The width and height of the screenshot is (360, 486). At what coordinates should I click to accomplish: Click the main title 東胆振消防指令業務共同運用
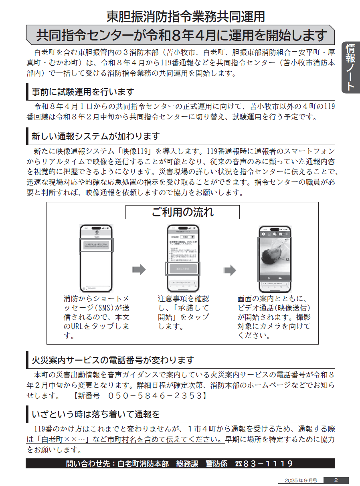point(185,16)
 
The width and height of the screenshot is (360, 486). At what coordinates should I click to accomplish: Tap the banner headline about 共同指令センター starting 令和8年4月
point(181,35)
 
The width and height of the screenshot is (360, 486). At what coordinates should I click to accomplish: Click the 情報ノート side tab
point(350,67)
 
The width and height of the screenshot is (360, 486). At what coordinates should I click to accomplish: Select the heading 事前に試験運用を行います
point(83,92)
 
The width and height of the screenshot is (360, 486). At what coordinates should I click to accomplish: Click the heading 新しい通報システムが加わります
point(95,136)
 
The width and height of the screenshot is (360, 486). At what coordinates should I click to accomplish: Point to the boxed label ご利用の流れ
point(182,212)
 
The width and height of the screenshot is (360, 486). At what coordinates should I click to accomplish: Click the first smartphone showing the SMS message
point(97,258)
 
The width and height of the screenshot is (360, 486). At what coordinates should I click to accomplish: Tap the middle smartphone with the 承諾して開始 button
point(182,258)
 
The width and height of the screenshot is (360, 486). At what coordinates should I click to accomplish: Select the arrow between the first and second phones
point(139,270)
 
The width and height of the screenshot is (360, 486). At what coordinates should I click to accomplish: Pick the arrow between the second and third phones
point(229,270)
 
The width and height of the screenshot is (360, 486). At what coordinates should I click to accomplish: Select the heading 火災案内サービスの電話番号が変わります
point(113,360)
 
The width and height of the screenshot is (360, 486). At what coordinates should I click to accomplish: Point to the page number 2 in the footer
point(336,480)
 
